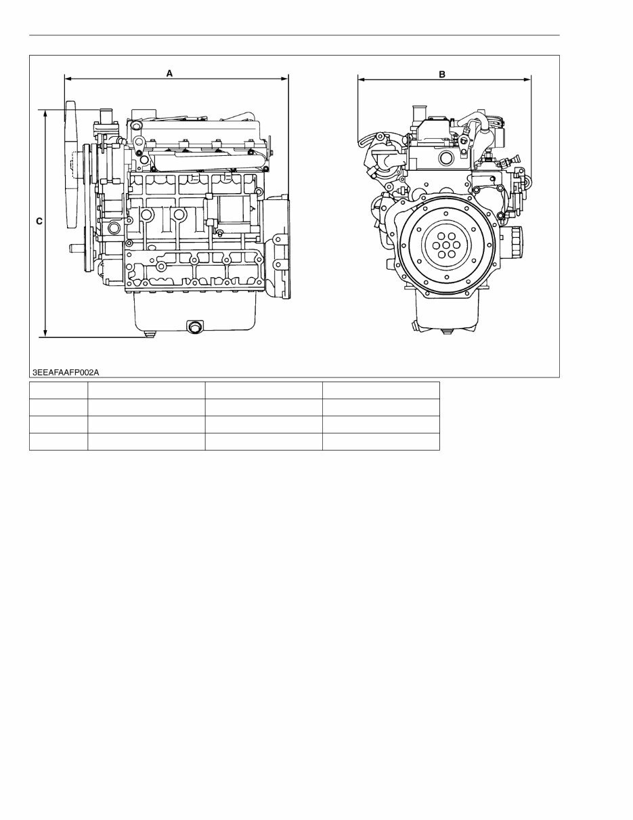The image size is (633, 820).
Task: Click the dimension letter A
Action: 170,73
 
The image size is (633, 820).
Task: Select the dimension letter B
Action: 442,75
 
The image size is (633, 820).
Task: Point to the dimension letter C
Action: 39,222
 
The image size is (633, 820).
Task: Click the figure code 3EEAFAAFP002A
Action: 66,373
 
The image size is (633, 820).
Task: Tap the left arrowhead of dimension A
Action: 68,79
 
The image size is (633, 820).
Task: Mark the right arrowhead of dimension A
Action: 285,79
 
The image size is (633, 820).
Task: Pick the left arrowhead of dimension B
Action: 361,79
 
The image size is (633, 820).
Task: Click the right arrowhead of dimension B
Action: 527,79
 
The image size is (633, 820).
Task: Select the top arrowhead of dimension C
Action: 45,114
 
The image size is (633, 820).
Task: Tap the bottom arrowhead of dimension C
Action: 45,333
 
